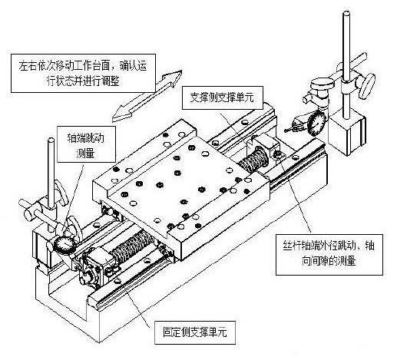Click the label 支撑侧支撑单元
(222, 97)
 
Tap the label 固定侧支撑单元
(195, 332)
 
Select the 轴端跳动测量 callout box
(86, 144)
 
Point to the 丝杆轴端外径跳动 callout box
(329, 254)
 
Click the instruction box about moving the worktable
(83, 73)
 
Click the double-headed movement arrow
(147, 95)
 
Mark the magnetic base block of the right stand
(346, 133)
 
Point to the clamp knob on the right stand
(367, 86)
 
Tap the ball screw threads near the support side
(254, 159)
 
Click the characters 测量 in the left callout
(86, 153)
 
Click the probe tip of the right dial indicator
(286, 130)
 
